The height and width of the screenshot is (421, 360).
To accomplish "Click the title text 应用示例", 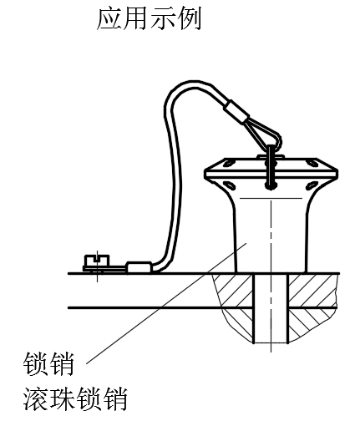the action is (149, 19).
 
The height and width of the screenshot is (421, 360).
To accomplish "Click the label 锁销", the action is (48, 363).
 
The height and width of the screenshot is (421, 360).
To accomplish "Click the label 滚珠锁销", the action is (75, 398).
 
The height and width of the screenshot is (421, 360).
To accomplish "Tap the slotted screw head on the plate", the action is (97, 261).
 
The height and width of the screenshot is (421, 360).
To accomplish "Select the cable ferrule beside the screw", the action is (139, 266).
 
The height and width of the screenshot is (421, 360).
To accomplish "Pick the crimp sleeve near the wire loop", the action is (237, 111).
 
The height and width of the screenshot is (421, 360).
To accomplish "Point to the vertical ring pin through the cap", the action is (271, 166).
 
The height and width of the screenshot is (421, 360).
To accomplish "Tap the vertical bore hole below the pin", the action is (271, 308).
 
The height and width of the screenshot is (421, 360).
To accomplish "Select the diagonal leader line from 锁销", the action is (166, 303).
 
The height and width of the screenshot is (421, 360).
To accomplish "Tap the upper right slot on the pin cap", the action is (312, 163).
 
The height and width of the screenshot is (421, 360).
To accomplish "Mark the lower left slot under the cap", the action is (230, 185).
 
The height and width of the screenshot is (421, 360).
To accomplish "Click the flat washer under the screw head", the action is (104, 268).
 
